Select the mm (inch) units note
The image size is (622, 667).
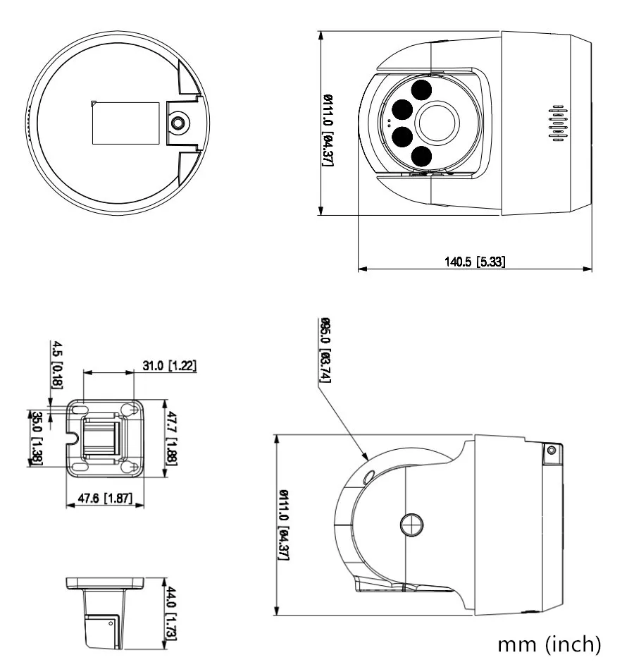point(549,644)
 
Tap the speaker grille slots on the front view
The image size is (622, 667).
point(558,124)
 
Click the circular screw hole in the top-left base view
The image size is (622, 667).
point(179,123)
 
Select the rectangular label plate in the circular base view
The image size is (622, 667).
point(126,123)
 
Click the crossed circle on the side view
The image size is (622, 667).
point(411,524)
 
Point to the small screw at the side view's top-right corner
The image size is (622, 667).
point(551,451)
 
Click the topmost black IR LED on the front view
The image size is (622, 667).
point(421,90)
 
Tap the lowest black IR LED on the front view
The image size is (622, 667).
point(421,156)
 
